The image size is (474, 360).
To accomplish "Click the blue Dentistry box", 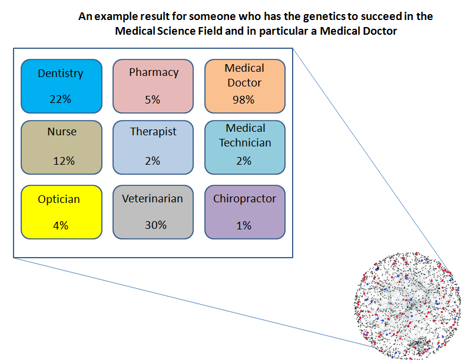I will pyautogui.click(x=61, y=86).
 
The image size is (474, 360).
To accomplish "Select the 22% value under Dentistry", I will pyautogui.click(x=60, y=99).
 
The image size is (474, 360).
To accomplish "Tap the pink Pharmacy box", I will pyautogui.click(x=153, y=86).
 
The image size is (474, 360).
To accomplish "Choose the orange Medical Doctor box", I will pyautogui.click(x=244, y=86).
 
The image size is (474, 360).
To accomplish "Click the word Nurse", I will pyautogui.click(x=62, y=131).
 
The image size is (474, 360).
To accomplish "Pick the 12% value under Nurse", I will pyautogui.click(x=62, y=161).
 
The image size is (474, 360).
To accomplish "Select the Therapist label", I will pyautogui.click(x=153, y=131).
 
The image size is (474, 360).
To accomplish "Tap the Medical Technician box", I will pyautogui.click(x=244, y=147).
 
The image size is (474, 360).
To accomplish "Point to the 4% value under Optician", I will pyautogui.click(x=59, y=225).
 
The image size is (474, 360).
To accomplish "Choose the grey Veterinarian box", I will pyautogui.click(x=153, y=212).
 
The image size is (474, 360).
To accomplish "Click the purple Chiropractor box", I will pyautogui.click(x=244, y=212).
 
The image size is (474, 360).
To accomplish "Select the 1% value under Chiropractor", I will pyautogui.click(x=244, y=225).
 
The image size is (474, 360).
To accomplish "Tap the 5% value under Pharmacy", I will pyautogui.click(x=153, y=99).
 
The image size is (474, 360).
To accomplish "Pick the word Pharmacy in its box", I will pyautogui.click(x=154, y=72).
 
